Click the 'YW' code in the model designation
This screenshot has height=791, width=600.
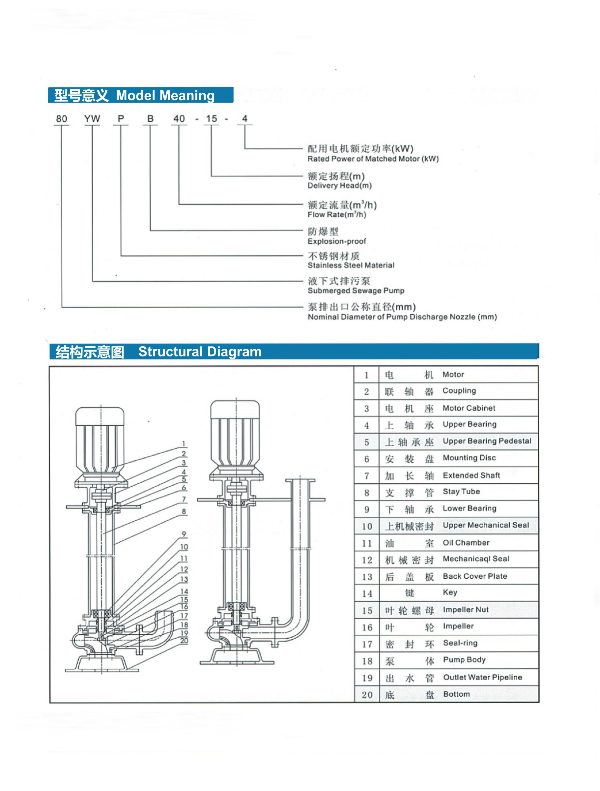(92, 119)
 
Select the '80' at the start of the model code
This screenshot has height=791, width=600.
(62, 119)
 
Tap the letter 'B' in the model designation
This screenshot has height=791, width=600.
(151, 119)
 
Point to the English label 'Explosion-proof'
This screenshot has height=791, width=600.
(337, 241)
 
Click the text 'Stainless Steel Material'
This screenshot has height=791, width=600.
(351, 265)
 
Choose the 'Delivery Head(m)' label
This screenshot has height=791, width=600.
(339, 186)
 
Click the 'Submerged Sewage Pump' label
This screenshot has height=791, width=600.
(356, 291)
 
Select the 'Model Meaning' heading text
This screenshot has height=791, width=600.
(165, 96)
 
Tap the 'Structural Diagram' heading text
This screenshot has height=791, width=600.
(200, 352)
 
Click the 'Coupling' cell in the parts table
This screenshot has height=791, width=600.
(459, 391)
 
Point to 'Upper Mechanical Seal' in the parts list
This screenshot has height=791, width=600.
(486, 525)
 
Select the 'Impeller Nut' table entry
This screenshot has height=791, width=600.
(465, 610)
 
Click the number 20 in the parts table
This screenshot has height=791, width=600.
(367, 695)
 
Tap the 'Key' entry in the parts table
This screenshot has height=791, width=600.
(450, 593)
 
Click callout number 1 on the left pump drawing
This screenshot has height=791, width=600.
(184, 444)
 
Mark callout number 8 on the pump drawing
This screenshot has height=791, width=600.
(184, 511)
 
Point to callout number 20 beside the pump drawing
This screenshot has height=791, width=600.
(184, 641)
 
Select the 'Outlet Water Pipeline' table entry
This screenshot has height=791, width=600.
(482, 678)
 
